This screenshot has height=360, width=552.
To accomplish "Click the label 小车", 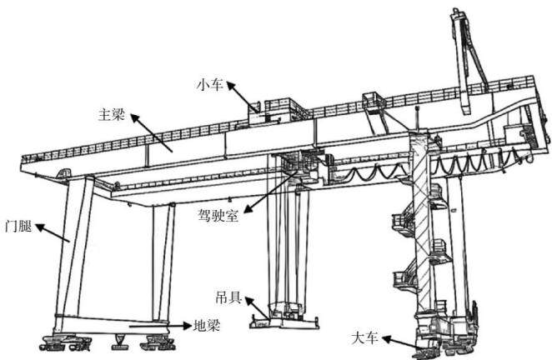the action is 210,85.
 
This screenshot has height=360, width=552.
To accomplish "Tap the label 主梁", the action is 111,115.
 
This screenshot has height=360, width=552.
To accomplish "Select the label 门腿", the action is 18,227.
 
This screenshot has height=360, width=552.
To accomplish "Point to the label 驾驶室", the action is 218,215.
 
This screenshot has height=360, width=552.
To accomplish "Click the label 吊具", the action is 228,298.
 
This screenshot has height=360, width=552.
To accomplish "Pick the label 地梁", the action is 207,326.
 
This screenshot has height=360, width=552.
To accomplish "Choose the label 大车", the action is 364,338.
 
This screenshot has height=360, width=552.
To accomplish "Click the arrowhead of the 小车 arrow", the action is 231,86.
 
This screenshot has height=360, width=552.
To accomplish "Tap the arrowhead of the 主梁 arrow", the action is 136,117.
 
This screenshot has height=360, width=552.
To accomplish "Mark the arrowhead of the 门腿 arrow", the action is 40,227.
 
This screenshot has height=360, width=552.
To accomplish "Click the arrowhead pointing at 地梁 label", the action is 188,326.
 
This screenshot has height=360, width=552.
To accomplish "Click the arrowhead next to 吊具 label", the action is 249,301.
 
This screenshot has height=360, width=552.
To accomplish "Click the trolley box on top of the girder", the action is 279,111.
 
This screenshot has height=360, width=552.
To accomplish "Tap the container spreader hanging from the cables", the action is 284,318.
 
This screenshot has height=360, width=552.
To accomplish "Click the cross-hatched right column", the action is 421,225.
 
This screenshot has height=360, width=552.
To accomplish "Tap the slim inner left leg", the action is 163,262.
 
